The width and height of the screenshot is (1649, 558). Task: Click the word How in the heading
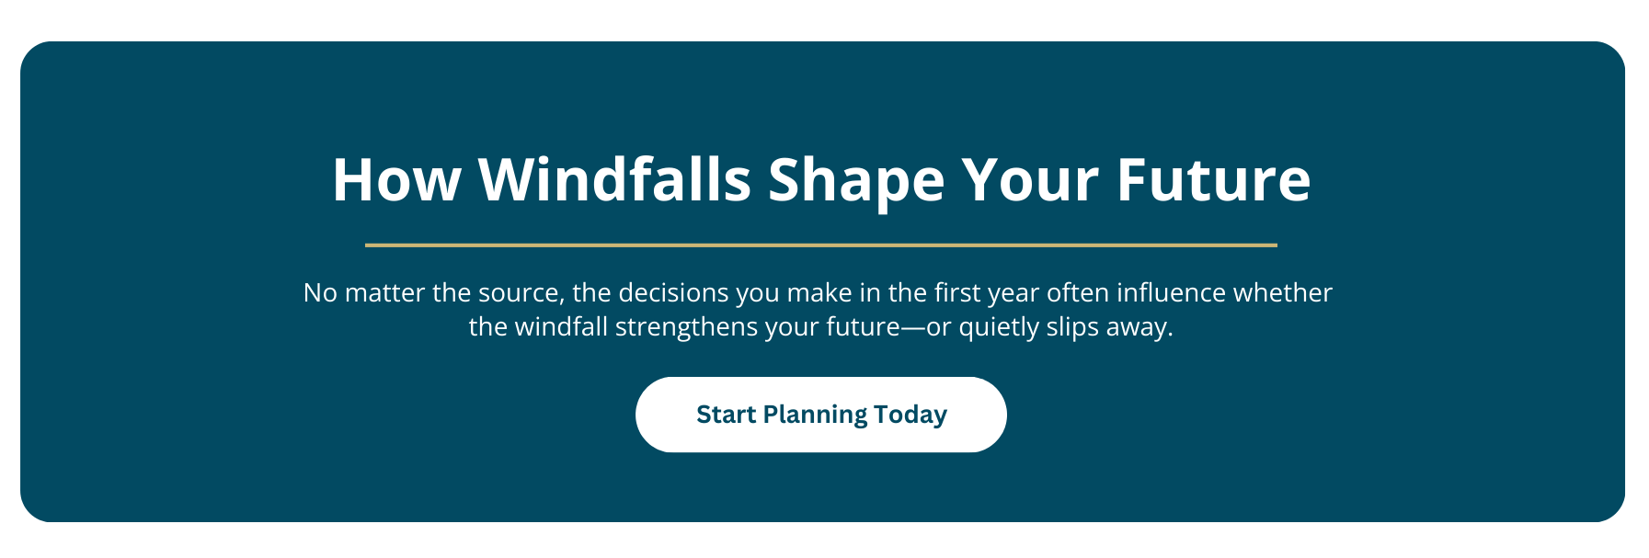pos(396,179)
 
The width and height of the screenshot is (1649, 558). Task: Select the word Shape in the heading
pos(856,183)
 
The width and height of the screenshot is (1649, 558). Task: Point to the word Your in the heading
pos(1030,179)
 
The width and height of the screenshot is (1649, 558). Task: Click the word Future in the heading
pos(1214,179)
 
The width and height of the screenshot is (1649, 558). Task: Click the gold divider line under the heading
pos(821,245)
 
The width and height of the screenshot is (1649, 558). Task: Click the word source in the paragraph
pos(521,294)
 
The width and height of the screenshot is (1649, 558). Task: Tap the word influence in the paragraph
pos(1171,292)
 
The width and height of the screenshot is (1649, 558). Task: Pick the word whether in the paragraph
pos(1283,292)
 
